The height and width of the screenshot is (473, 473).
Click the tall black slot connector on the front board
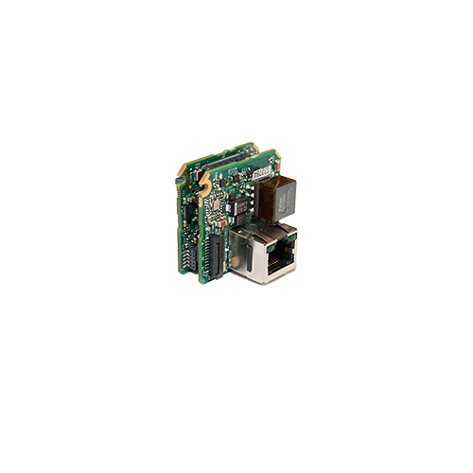pos(217,255)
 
